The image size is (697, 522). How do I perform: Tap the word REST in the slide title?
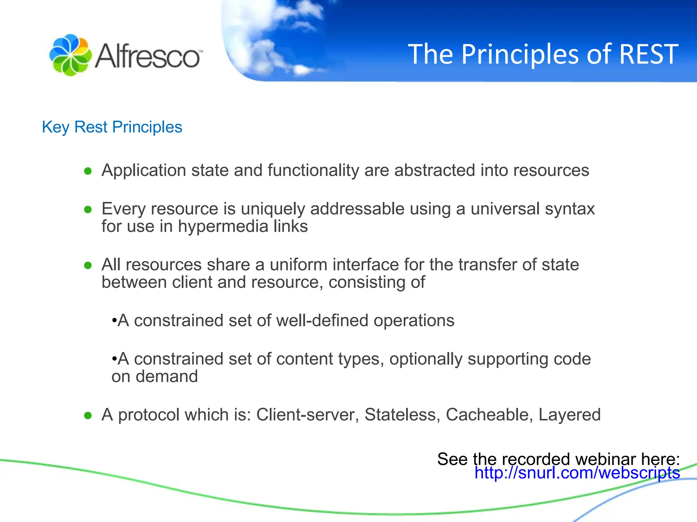click(648, 54)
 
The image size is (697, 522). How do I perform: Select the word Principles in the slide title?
click(520, 54)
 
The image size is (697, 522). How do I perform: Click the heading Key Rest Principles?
click(112, 127)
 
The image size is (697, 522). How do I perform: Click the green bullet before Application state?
click(88, 171)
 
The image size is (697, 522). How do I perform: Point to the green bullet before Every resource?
click(88, 209)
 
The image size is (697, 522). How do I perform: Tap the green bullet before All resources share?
click(88, 265)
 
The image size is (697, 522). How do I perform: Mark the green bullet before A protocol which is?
click(88, 415)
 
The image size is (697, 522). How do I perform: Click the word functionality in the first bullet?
click(313, 170)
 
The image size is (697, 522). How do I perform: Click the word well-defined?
click(322, 320)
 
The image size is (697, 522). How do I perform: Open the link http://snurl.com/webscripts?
click(577, 473)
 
